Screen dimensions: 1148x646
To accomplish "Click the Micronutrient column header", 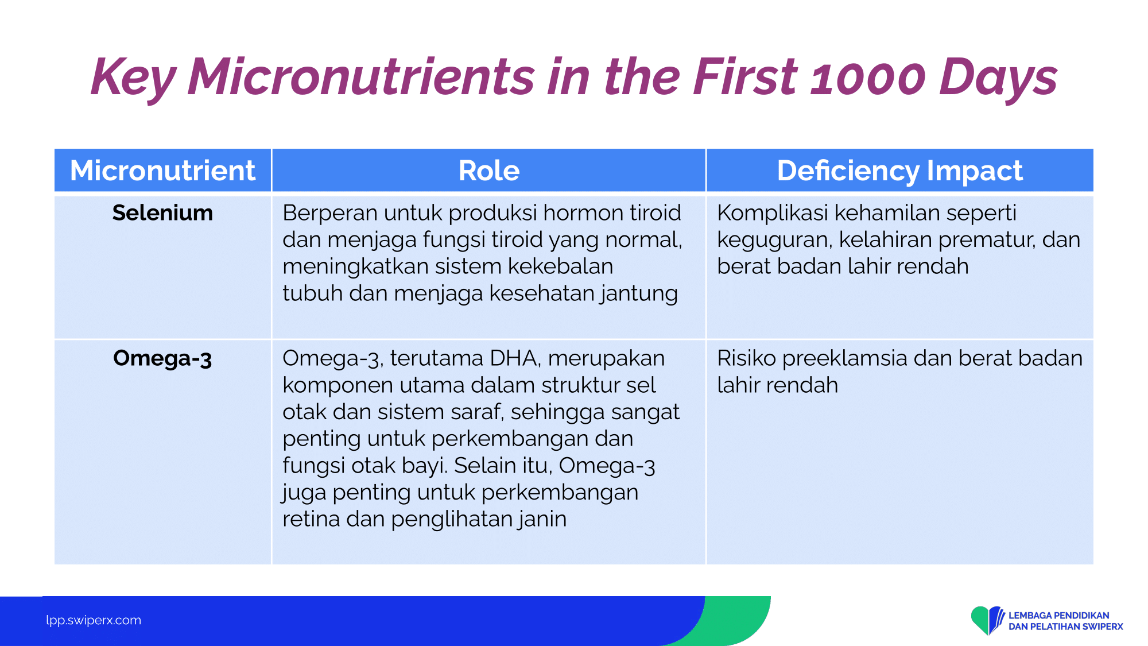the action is click(x=162, y=171).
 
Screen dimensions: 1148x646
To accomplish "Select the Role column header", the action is click(x=489, y=171).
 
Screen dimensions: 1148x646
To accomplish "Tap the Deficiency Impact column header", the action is click(x=899, y=171).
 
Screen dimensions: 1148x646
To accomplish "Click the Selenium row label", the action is click(x=162, y=212).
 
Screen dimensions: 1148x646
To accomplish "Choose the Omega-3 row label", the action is click(x=162, y=358).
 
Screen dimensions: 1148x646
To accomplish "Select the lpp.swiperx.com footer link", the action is click(x=94, y=620).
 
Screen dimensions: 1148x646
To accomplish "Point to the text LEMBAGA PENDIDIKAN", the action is click(x=1059, y=616).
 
